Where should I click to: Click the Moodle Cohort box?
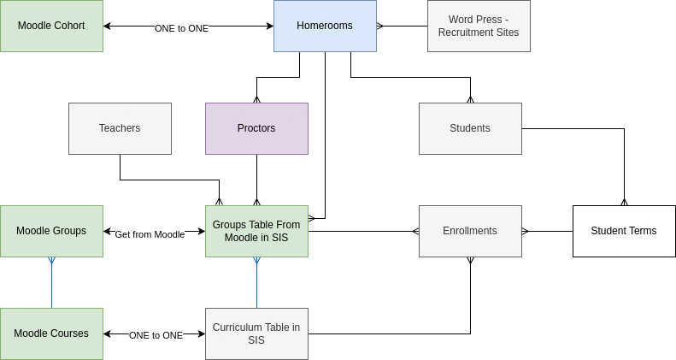coord(51,26)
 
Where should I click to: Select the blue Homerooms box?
coord(325,26)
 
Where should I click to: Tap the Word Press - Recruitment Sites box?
coord(479,26)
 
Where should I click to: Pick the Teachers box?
coord(120,128)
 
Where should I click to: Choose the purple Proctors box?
coord(256,128)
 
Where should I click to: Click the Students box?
coord(470,128)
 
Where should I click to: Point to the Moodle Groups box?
coord(51,231)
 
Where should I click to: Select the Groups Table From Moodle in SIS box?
coord(256,231)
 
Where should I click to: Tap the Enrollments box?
coord(470,231)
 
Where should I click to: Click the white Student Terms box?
coord(624,231)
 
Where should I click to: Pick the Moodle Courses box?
coord(51,333)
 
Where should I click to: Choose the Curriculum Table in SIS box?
coord(256,333)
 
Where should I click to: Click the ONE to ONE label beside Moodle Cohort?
coord(181,28)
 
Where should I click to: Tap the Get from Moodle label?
coord(150,234)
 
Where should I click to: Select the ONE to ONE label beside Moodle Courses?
coord(156,335)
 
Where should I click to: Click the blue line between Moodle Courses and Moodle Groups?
coord(51,286)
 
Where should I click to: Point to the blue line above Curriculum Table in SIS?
coord(256,286)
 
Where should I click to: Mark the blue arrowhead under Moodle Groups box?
coord(51,261)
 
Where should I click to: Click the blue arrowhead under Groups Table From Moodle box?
coord(256,261)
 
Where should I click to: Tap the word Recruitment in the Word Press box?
coord(467,32)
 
